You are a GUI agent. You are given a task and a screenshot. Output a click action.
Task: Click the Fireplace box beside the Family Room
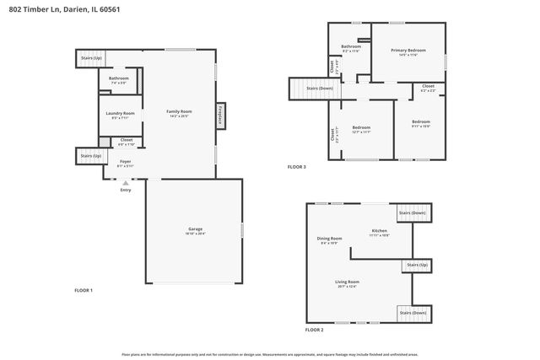tap(221, 114)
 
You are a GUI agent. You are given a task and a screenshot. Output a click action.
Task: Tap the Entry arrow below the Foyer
tap(126, 183)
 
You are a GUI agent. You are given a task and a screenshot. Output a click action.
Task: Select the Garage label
tap(195, 229)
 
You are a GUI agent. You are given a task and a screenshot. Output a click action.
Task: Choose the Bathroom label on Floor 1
tap(118, 78)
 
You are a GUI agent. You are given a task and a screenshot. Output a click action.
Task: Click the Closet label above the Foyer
tap(126, 140)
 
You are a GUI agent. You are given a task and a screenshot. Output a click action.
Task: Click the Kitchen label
tap(380, 230)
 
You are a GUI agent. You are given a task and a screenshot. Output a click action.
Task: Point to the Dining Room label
tap(329, 239)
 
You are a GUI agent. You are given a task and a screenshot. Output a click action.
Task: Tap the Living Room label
tap(348, 282)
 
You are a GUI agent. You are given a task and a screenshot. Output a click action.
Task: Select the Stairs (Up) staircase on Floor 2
tap(418, 266)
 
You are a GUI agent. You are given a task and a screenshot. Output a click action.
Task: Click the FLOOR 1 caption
tap(84, 290)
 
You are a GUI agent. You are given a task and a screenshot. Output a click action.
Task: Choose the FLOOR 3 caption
tap(297, 167)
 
